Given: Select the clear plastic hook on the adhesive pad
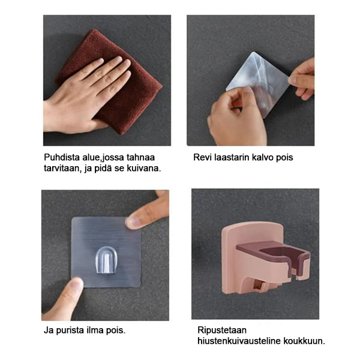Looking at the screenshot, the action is coord(107,260).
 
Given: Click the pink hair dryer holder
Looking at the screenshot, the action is coord(264,258).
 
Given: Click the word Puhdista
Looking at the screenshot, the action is coord(61,157).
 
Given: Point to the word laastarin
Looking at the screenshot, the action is coord(232,157).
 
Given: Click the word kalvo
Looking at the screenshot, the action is coord(263,157).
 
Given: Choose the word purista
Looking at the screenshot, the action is coord(70,331).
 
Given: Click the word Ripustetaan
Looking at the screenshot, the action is coord(222,331).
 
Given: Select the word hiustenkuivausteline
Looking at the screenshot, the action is coord(239,341).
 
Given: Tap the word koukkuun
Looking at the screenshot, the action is coord(304,341).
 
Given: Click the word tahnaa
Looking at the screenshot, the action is coord(140,157).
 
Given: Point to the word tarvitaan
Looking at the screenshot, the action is coord(62,168).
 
